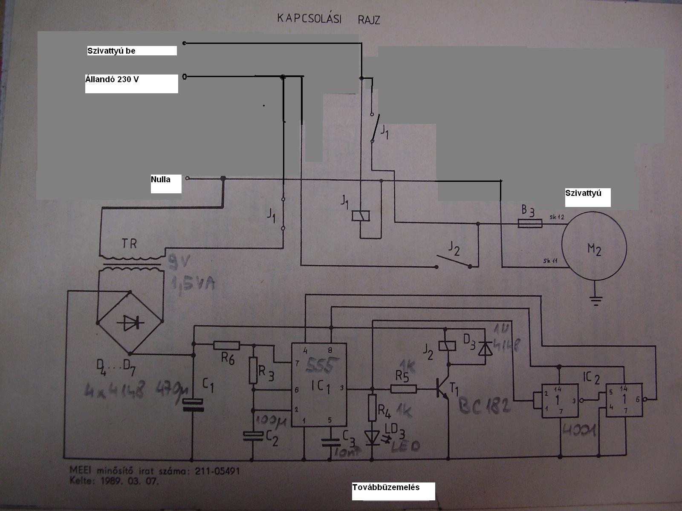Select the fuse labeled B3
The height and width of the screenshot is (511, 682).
tap(530, 223)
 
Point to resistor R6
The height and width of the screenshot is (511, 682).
tap(226, 345)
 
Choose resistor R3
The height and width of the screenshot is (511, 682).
tap(254, 370)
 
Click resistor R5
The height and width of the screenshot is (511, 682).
tap(403, 388)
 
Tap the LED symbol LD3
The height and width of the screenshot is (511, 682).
tap(372, 437)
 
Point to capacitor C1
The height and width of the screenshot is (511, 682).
tap(193, 405)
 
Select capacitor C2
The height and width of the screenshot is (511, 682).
tap(253, 435)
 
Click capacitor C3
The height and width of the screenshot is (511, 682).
tap(329, 442)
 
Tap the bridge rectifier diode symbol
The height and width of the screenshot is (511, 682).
tap(130, 323)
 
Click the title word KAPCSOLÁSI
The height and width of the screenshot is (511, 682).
tap(309, 18)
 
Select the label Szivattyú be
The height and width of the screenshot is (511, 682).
tap(112, 51)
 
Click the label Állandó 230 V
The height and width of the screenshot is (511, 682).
tap(112, 79)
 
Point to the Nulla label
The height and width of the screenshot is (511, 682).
tap(161, 179)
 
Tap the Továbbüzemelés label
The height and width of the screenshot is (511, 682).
tap(386, 487)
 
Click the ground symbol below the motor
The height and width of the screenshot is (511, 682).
tap(595, 301)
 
